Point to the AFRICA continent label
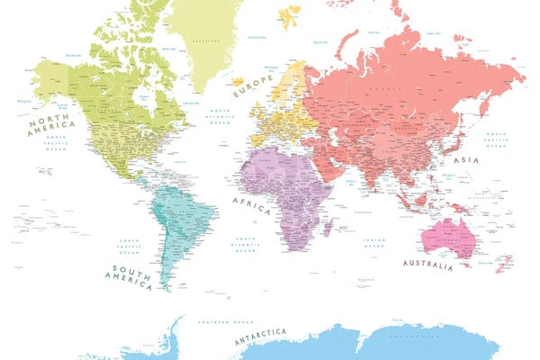(x=251, y=204)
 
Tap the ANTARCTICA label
(x=260, y=337)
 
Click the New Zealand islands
(x=497, y=265)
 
